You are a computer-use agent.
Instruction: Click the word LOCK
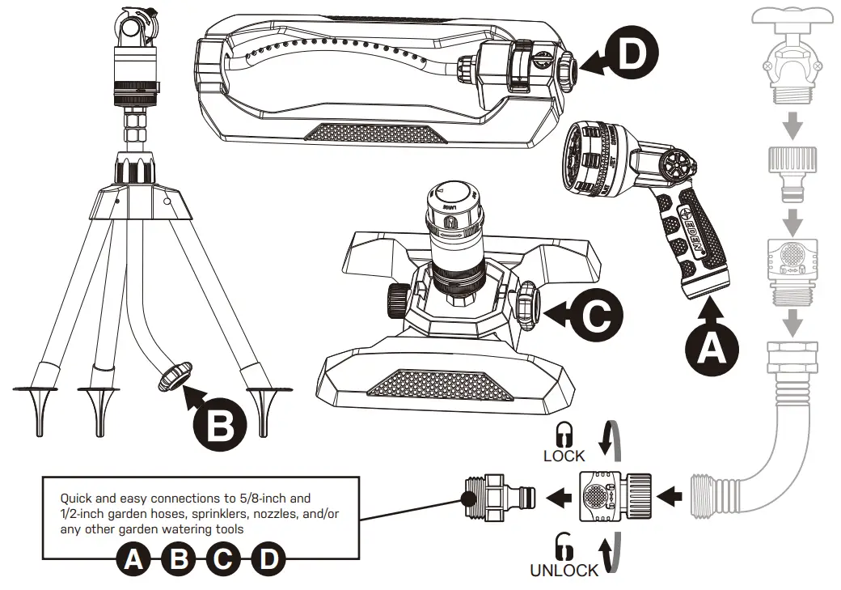(x=564, y=456)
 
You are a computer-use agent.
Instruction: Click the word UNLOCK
(x=564, y=570)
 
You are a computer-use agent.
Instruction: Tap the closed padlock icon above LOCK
(x=564, y=433)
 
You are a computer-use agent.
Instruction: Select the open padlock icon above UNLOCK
(x=564, y=546)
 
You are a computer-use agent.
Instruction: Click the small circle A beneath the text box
(x=133, y=558)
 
